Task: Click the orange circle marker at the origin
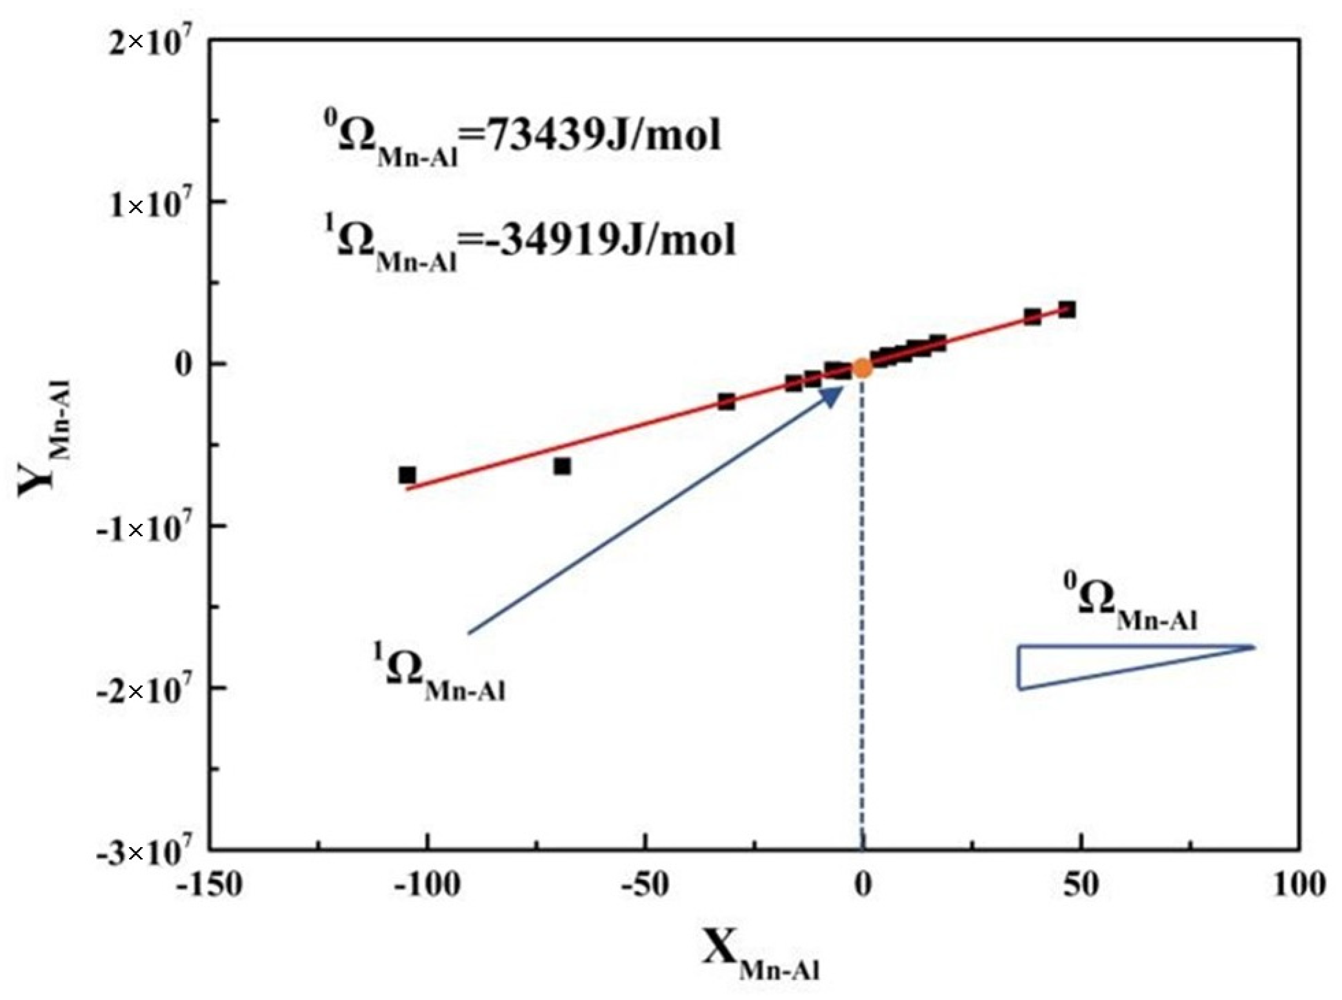coord(863,368)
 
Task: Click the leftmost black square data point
coord(407,475)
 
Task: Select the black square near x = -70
coord(562,466)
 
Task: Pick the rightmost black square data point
coord(1067,310)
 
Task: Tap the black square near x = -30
coord(726,402)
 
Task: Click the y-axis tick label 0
coord(184,365)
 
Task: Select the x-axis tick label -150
coord(210,885)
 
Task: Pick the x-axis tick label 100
coord(1298,885)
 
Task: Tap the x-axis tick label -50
coord(645,885)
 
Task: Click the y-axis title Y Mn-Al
coord(45,439)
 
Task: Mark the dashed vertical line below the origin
coord(863,613)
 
